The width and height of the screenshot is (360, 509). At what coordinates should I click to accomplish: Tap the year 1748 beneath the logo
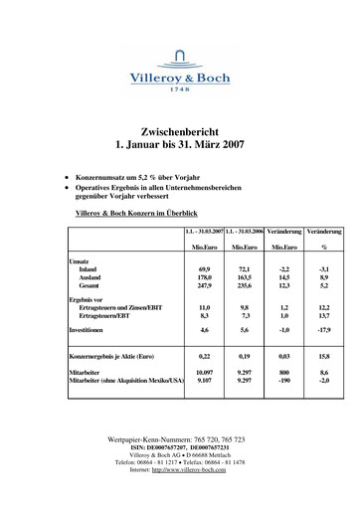(x=179, y=88)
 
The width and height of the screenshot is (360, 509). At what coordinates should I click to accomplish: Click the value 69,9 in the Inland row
(x=205, y=268)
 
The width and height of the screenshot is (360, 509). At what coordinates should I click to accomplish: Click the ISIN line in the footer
(x=179, y=447)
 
